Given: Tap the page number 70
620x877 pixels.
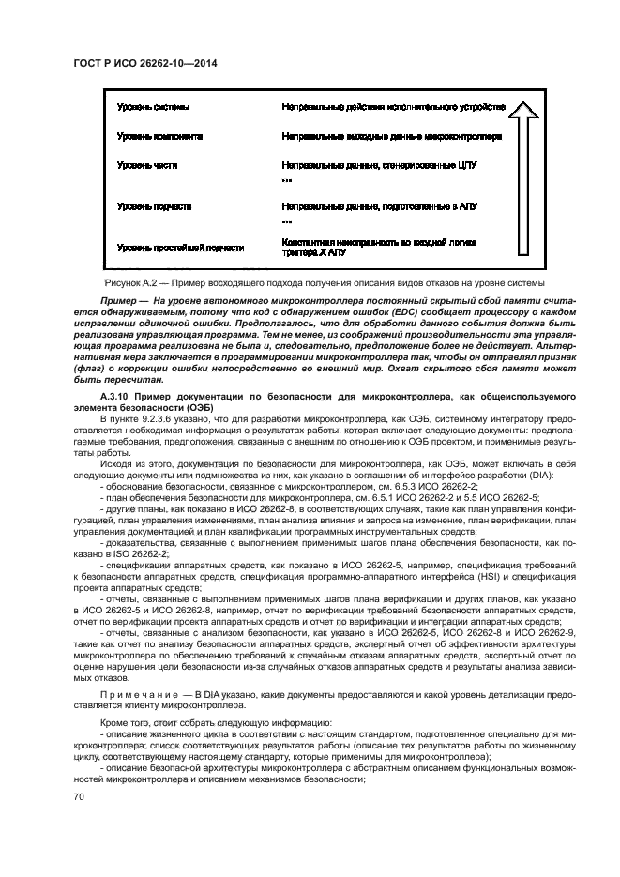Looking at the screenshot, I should coord(80,796).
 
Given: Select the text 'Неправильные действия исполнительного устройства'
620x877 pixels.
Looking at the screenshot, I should coord(394,107).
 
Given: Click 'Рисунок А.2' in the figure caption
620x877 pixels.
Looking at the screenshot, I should coord(129,283).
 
